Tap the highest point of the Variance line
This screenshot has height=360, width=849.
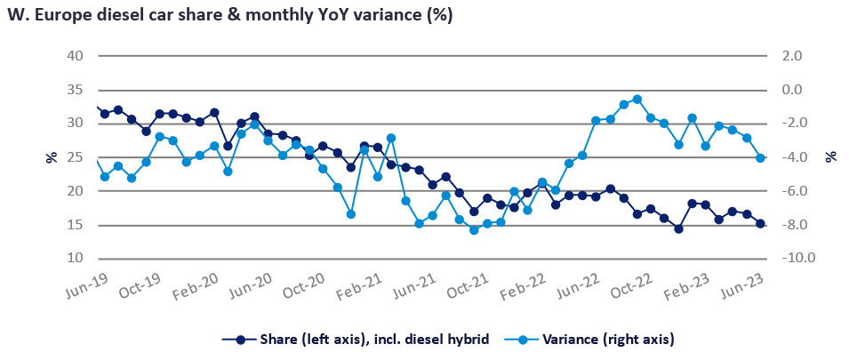(637, 100)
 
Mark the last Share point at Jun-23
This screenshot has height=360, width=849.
(761, 224)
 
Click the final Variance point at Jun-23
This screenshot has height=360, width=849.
(761, 158)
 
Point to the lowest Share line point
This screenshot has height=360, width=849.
(678, 228)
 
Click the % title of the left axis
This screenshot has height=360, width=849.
(51, 157)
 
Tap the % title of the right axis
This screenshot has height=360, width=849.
(832, 157)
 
